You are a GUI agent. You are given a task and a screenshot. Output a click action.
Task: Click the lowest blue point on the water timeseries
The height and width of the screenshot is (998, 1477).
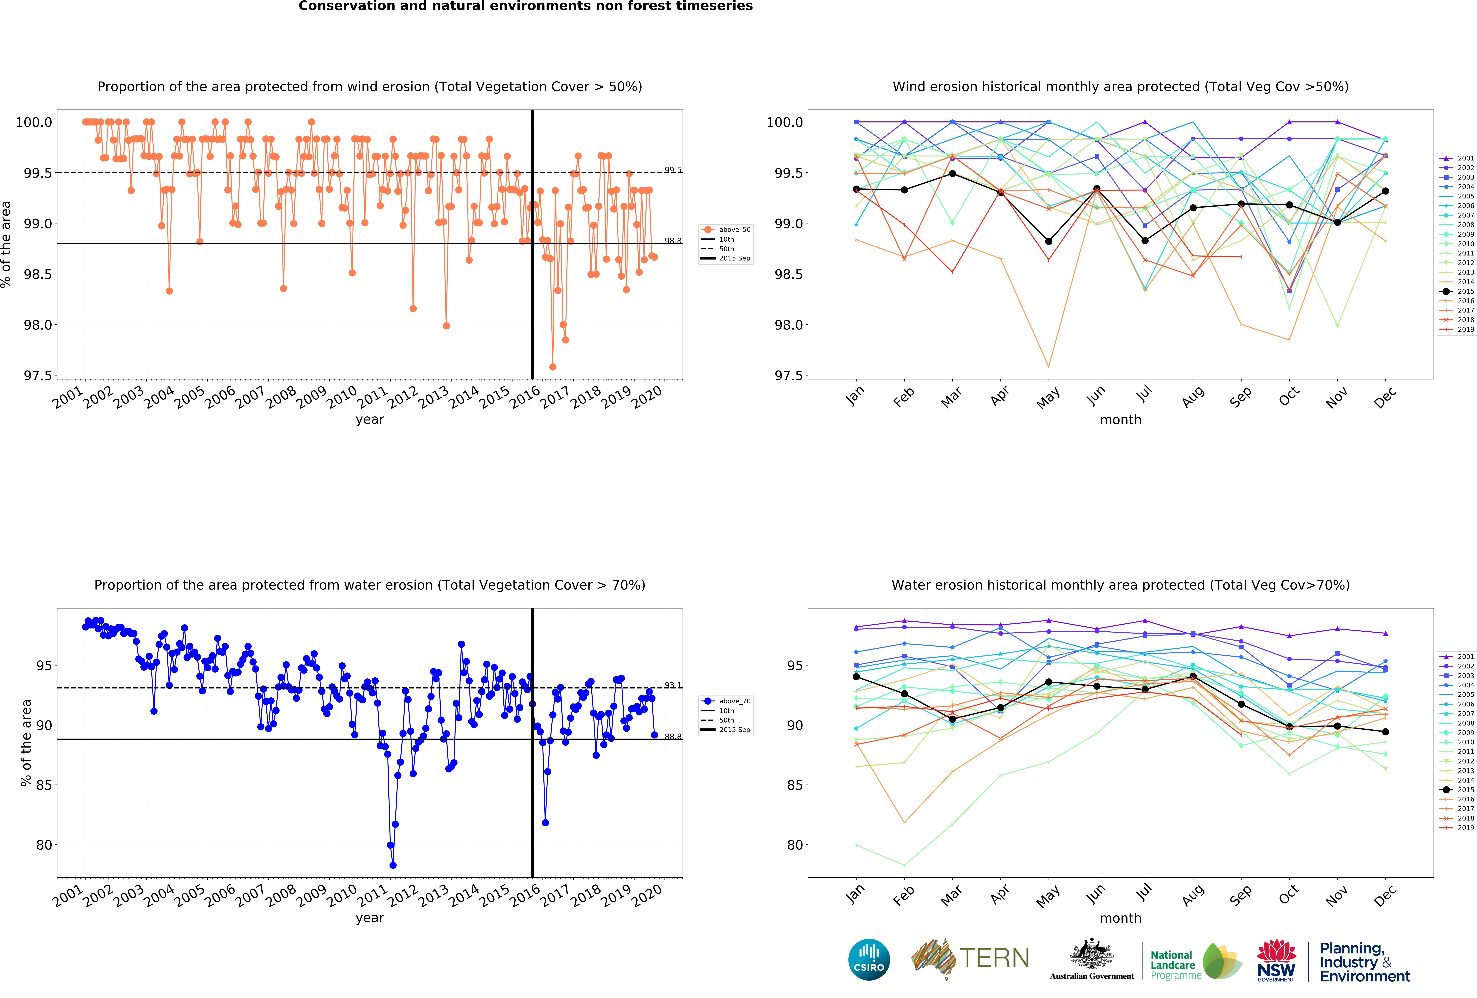point(393,865)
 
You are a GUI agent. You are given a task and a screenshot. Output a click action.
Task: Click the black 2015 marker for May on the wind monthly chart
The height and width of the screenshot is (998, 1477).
point(1049,242)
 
